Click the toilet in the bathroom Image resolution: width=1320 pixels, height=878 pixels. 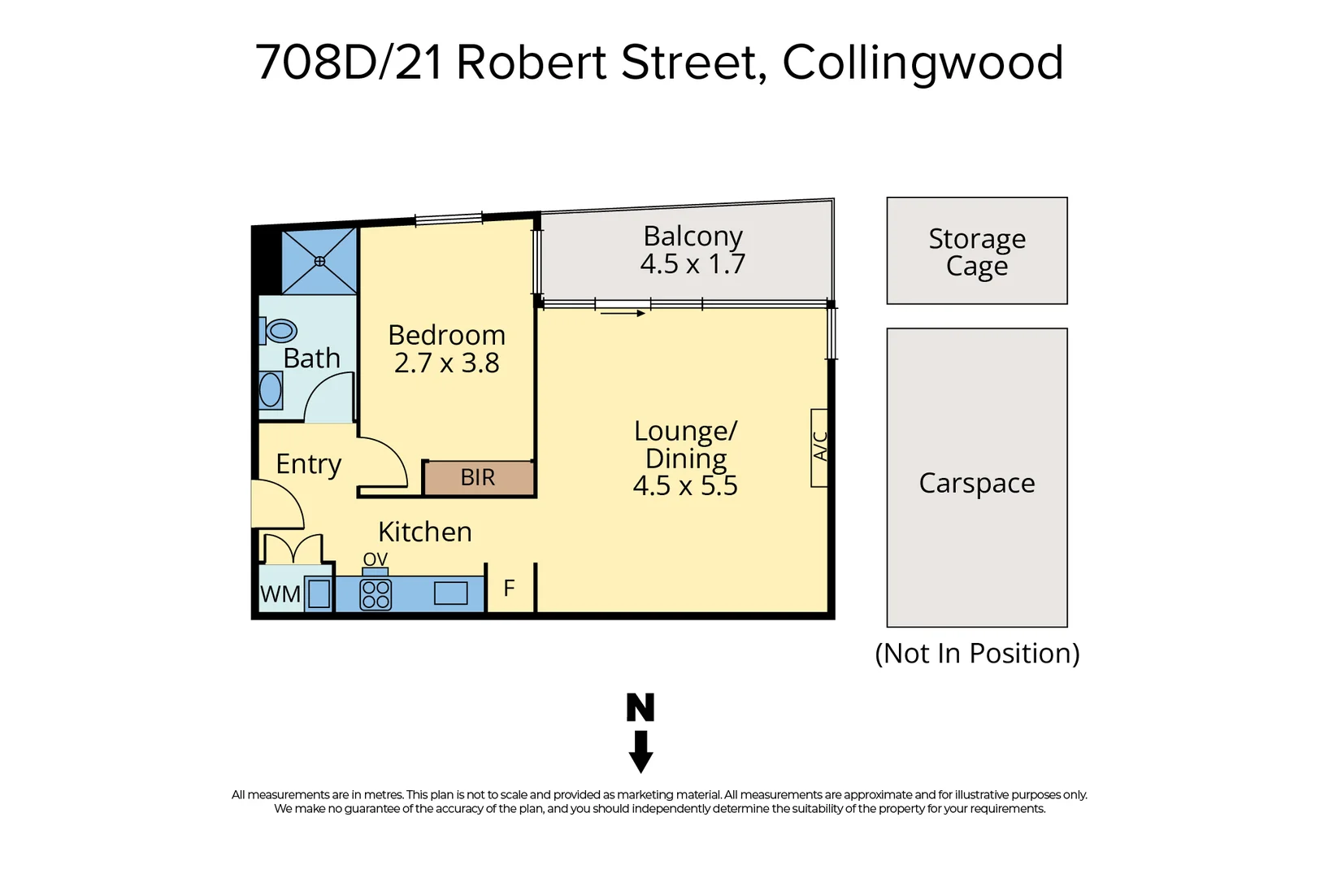[280, 331]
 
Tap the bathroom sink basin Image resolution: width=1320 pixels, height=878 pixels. [271, 390]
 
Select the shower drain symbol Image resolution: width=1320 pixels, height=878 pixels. [319, 261]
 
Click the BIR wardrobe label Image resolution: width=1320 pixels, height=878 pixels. [478, 477]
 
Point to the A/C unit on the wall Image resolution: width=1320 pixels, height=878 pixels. [819, 447]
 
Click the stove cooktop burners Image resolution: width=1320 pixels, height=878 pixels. [376, 594]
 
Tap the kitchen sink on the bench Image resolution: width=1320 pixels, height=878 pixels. [450, 593]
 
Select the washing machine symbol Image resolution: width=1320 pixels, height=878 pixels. [319, 594]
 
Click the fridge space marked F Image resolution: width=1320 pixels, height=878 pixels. [510, 588]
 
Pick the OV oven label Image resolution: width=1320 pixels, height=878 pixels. [376, 559]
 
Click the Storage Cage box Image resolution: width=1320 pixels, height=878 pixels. [976, 251]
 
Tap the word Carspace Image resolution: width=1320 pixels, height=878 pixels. [976, 483]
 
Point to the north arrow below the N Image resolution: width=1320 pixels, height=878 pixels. [640, 752]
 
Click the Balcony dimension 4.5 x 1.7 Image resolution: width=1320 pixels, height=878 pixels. [693, 264]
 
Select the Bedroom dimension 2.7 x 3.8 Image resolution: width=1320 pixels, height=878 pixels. [446, 363]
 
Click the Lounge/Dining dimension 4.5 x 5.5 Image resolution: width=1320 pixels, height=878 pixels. [685, 485]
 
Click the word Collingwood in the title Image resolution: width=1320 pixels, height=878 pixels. [923, 63]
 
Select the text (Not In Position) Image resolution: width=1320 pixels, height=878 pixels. [976, 654]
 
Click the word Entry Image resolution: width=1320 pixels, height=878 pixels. [308, 464]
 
